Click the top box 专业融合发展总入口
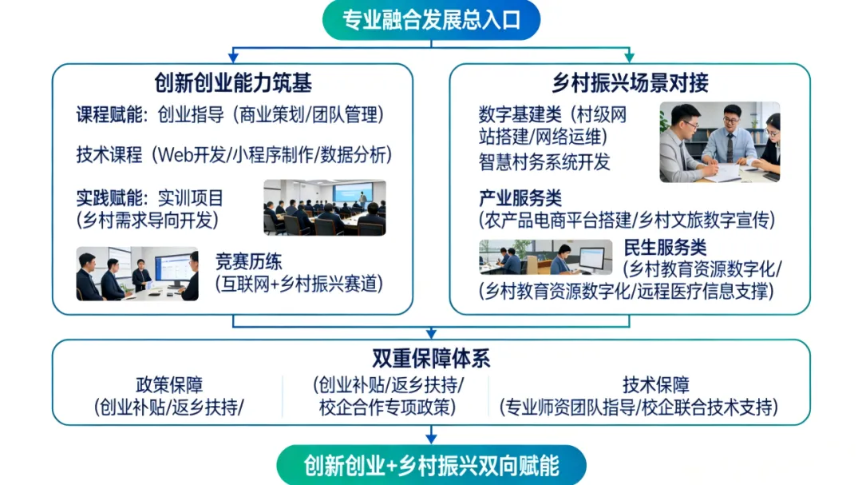(431, 20)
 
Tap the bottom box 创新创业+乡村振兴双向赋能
(431, 465)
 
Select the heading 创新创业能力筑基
(233, 82)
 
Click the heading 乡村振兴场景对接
(630, 82)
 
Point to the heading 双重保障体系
(431, 358)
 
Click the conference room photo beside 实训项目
(325, 208)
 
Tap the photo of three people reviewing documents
(719, 142)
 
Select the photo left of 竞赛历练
(137, 274)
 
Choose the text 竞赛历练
(248, 262)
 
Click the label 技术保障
(656, 385)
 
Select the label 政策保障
(169, 385)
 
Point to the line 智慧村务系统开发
(544, 162)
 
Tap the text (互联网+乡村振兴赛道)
(299, 284)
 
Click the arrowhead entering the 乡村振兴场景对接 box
(630, 58)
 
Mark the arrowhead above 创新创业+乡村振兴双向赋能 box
(431, 437)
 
